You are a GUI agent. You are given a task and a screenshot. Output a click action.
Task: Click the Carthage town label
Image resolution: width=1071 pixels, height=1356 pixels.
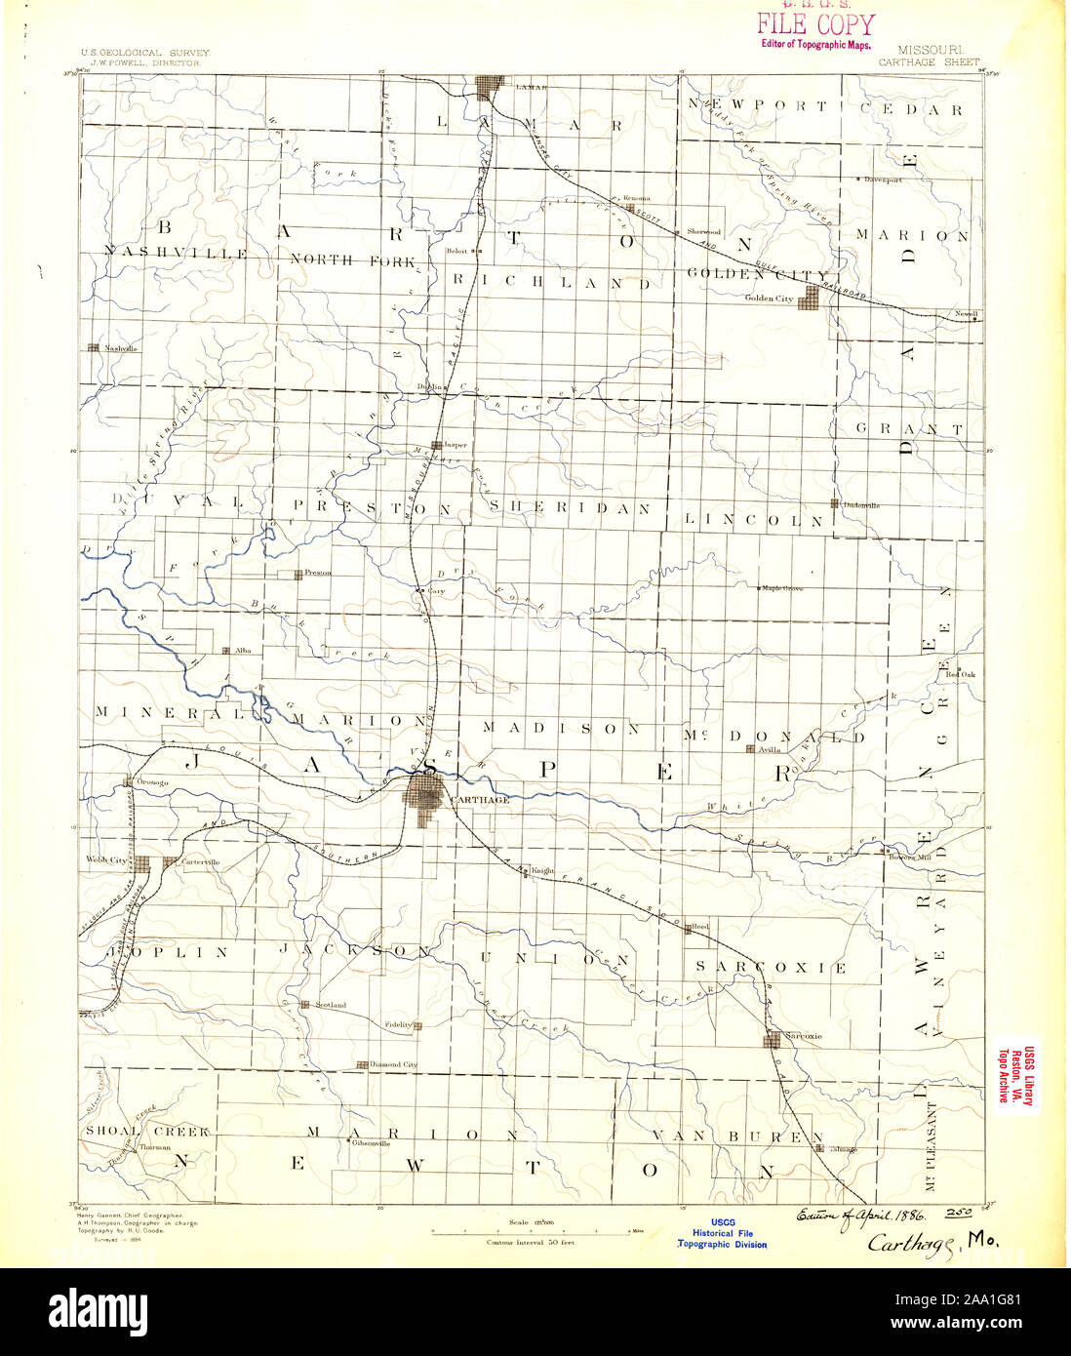tap(481, 800)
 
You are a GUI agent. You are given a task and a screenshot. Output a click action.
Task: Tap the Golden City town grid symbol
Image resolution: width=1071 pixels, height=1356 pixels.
tap(808, 301)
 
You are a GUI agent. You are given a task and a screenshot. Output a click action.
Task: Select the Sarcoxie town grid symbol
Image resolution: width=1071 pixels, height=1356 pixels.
tap(773, 1040)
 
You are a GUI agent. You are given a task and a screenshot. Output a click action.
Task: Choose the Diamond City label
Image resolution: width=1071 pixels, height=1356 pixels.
tap(395, 1064)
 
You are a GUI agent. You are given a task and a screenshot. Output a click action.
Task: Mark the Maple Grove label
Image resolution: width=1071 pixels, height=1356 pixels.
tap(782, 588)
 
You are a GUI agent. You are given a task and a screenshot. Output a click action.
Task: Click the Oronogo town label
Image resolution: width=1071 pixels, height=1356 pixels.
tap(152, 781)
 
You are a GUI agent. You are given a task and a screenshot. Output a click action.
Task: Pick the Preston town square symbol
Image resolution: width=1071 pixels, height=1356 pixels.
tap(297, 574)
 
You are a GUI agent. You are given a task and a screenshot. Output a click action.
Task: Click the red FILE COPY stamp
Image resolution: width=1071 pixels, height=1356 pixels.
tap(815, 26)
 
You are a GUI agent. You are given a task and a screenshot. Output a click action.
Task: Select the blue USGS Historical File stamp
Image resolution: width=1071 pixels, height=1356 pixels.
tap(723, 1233)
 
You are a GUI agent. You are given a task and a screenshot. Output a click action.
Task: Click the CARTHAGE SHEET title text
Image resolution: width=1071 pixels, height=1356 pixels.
tap(928, 61)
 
